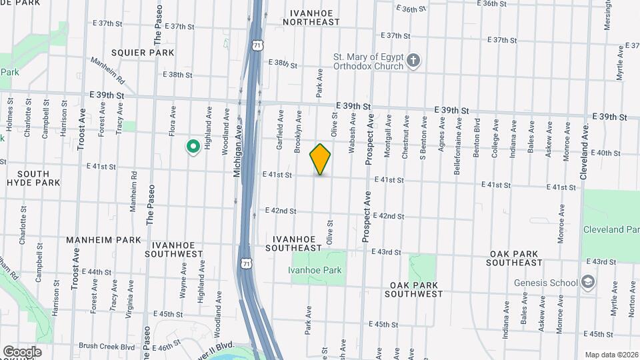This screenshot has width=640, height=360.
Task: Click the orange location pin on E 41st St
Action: (x=320, y=159)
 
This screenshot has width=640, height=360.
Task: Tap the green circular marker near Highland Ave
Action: (x=193, y=145)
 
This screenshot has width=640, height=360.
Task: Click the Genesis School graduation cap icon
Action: (x=587, y=283)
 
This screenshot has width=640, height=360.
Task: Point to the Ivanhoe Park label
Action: (x=315, y=270)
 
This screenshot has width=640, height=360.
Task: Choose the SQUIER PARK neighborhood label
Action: (x=143, y=53)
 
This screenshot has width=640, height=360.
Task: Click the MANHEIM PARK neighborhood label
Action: (x=103, y=239)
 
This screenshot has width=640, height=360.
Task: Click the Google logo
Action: (x=22, y=352)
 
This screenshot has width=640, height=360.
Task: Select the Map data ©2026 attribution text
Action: (x=611, y=355)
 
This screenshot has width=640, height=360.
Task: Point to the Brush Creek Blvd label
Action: (x=107, y=346)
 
